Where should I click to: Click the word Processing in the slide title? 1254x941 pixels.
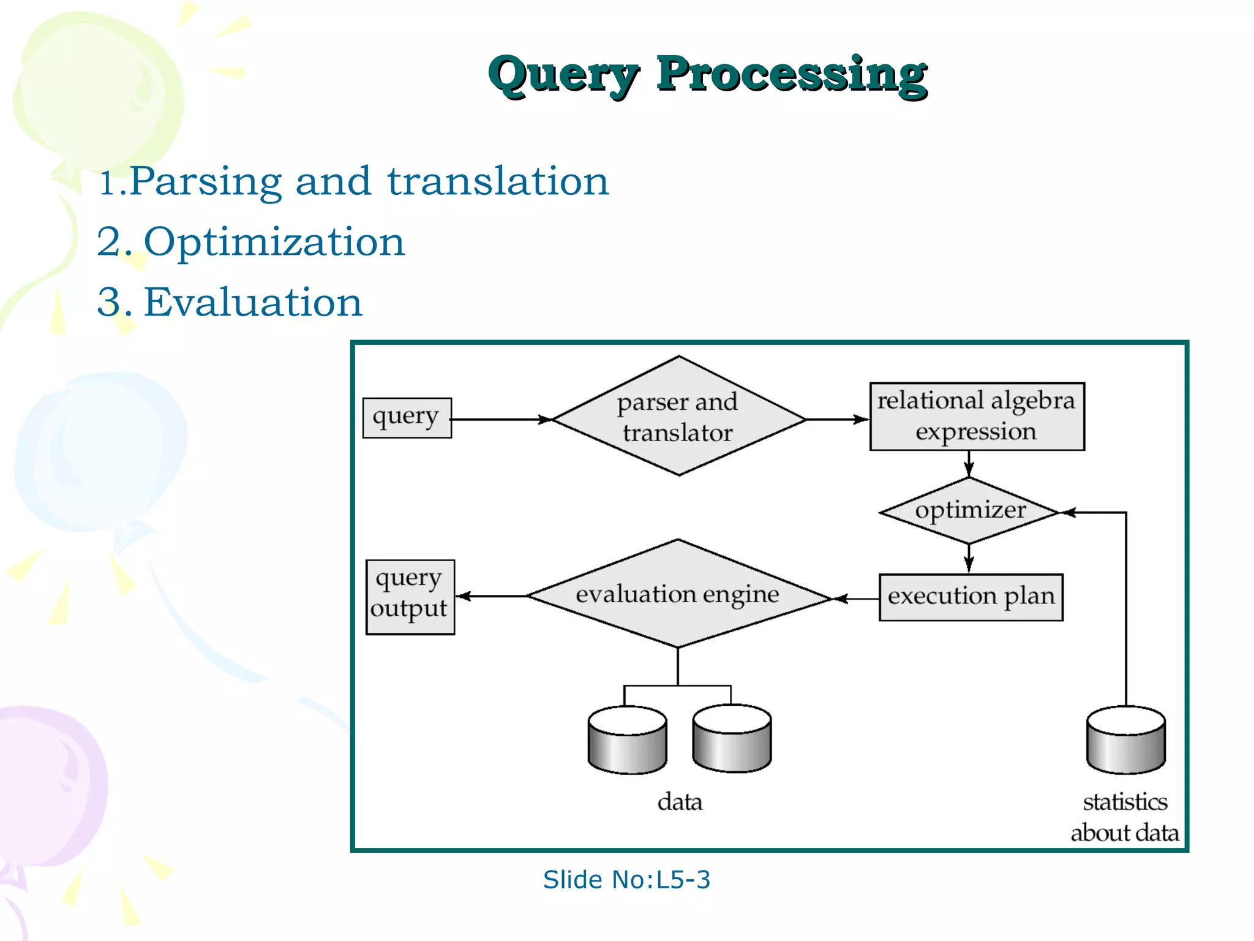pos(792,75)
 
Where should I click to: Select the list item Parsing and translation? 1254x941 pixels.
pos(354,182)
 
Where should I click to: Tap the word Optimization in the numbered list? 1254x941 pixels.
pos(274,242)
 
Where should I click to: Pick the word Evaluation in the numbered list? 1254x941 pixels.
pos(253,303)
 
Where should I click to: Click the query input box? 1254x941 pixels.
pos(407,418)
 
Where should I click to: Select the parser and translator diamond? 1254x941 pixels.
pos(678,417)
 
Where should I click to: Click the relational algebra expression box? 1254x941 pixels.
pos(977,417)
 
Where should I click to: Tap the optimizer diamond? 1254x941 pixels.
pos(970,511)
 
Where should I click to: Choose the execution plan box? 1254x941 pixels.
pos(971,597)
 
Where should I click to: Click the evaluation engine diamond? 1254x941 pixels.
pos(677,594)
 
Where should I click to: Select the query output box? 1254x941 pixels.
pos(410,597)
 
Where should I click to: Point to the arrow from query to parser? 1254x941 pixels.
pos(501,420)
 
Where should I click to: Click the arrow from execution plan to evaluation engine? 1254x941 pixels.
pos(856,599)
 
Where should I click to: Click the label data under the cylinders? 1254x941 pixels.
pos(680,802)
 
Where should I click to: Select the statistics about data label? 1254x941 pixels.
pos(1125,817)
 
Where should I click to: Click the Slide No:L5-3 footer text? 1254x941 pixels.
pos(626,880)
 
